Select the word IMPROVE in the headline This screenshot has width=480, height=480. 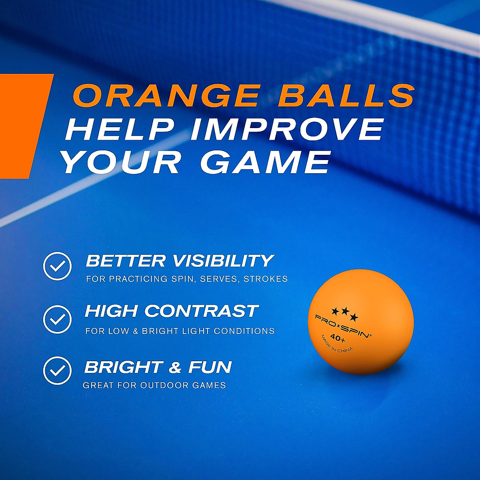coord(286,129)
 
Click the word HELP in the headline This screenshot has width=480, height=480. coord(120,129)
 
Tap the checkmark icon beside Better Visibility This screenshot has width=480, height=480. coord(57,266)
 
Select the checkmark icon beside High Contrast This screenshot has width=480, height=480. coord(57,319)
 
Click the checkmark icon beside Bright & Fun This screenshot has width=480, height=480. coord(57,370)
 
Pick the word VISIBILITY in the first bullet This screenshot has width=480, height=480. coord(223,261)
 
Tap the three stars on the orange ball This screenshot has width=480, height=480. coord(345,312)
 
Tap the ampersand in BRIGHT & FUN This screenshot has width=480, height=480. coord(174,367)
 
